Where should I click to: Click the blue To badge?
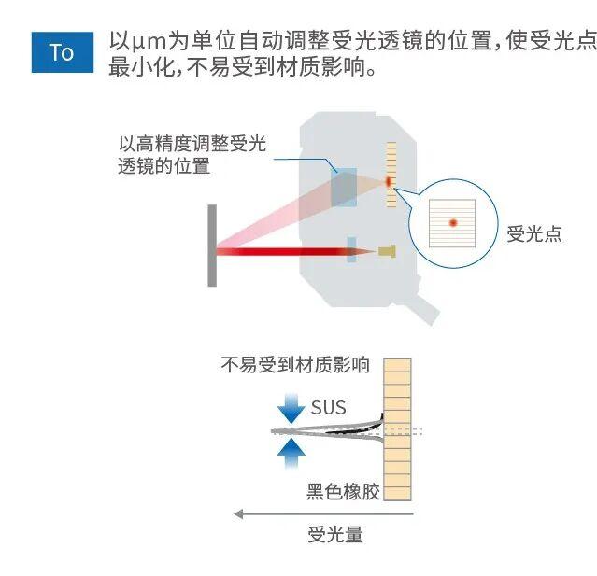(63, 52)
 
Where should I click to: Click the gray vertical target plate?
(212, 246)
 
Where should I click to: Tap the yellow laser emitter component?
(387, 251)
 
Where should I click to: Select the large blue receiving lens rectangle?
(344, 188)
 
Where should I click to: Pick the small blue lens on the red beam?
(351, 250)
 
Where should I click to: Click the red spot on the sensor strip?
(389, 182)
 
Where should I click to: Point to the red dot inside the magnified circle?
(453, 222)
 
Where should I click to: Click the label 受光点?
(534, 233)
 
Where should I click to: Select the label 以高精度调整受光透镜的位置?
(192, 154)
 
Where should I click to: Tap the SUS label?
(329, 407)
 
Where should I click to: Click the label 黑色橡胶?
(343, 491)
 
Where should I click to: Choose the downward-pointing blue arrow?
(291, 408)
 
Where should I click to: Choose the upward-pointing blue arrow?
(291, 453)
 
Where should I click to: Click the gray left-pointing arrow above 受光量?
(323, 514)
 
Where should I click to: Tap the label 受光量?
(335, 534)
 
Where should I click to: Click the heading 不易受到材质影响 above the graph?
(295, 364)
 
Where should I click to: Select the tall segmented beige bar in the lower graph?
(397, 429)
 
